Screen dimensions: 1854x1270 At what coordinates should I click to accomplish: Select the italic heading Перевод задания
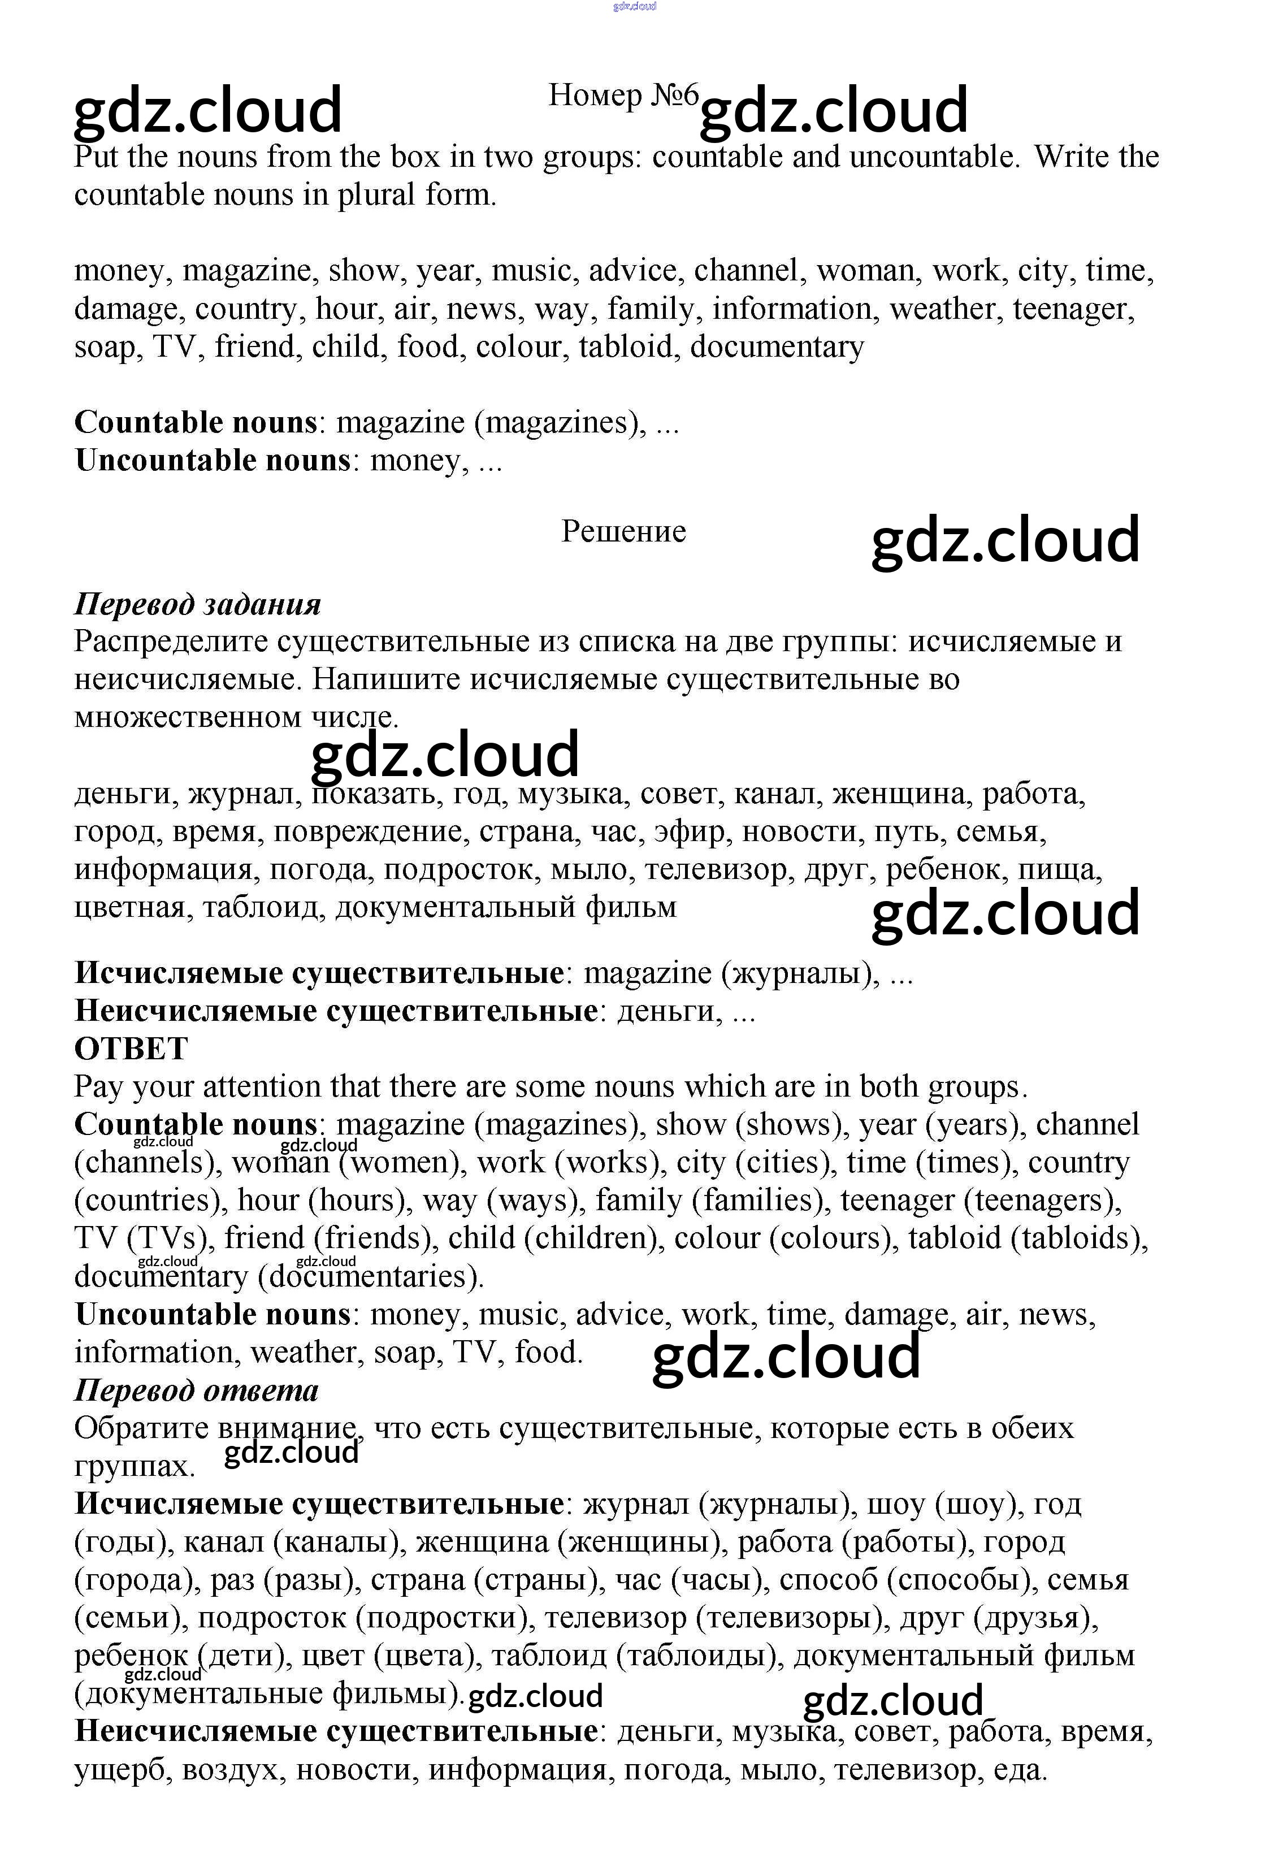coord(197,605)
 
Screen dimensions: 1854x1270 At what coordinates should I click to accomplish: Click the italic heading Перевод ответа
coord(196,1390)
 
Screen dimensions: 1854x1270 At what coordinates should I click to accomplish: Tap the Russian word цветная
coord(129,908)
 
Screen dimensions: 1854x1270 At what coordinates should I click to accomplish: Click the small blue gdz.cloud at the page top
coord(634,6)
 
